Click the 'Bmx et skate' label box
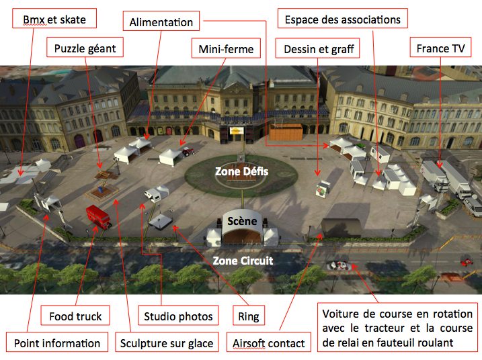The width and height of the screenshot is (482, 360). [x=54, y=19]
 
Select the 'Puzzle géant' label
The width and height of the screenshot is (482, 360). [x=85, y=48]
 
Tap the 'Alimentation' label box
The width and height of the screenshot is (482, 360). [x=161, y=22]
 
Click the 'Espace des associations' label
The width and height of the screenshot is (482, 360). [x=343, y=19]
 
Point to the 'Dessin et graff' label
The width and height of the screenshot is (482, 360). [x=319, y=48]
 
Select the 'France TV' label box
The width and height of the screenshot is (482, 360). [x=440, y=48]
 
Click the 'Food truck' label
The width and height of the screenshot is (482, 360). [x=75, y=316]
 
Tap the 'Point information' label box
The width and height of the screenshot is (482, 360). [x=56, y=343]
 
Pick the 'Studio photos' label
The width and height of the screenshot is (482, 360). [x=178, y=316]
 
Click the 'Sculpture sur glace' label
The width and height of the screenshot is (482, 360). [x=167, y=343]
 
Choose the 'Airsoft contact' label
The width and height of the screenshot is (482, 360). [x=268, y=343]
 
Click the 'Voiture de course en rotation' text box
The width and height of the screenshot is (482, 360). [x=396, y=328]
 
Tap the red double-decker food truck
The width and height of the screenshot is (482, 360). [x=97, y=216]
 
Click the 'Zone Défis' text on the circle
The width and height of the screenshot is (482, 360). [x=241, y=172]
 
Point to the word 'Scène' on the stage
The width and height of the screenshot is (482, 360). [x=241, y=221]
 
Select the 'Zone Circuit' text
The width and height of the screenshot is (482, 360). [x=243, y=260]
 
